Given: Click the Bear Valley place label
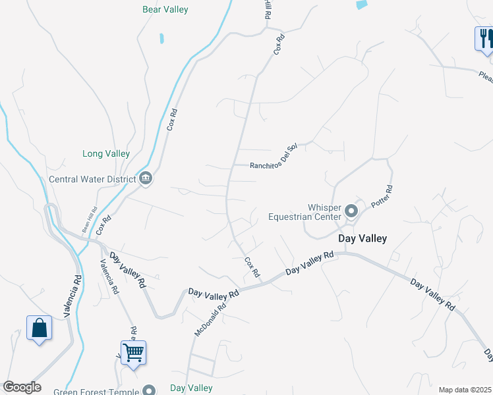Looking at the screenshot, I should tap(165, 10).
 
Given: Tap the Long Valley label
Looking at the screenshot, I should tap(106, 153).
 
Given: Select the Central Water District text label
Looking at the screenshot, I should tap(92, 178).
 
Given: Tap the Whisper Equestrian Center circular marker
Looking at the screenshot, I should tap(351, 212).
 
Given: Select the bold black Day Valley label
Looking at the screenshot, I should tap(362, 238).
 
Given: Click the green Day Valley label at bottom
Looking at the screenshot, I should tap(191, 388).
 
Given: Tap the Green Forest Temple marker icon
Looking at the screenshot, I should tap(150, 390).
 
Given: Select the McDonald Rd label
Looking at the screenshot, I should tap(210, 316).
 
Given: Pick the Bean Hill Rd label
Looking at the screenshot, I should tap(89, 219).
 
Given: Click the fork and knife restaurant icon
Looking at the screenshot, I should tap(484, 38).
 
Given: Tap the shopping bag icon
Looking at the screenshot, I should tap(39, 327).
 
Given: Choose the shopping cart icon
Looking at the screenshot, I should tap(133, 352).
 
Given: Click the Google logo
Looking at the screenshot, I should tap(22, 387).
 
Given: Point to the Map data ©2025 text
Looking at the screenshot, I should tap(465, 390).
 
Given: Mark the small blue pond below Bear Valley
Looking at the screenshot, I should tap(161, 38).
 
